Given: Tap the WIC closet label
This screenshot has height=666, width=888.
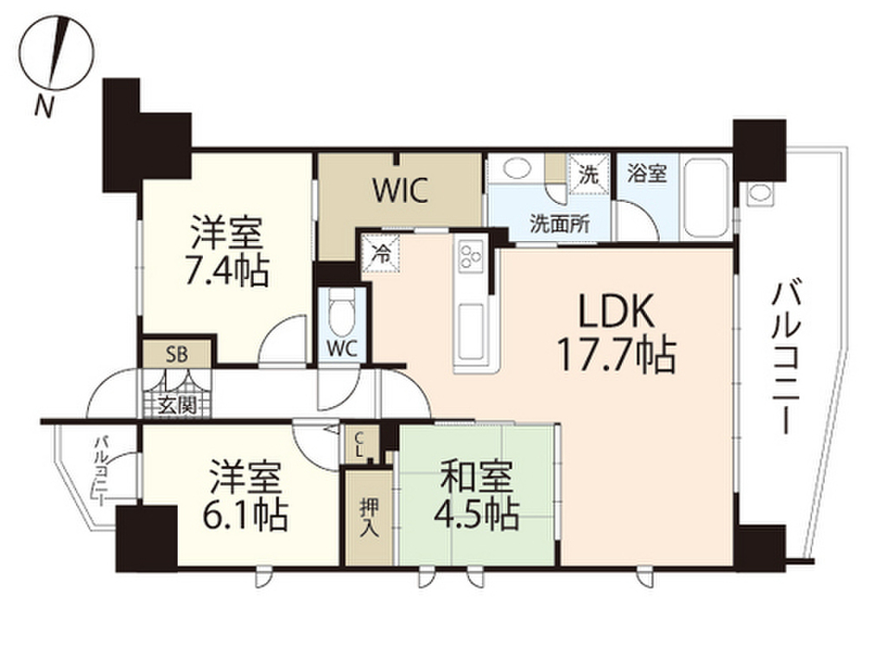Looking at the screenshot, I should click(400, 191).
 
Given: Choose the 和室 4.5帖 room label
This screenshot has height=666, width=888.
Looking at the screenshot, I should click(479, 496).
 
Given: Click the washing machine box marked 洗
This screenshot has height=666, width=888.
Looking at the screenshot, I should click(588, 173).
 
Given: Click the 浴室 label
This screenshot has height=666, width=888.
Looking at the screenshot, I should click(647, 173).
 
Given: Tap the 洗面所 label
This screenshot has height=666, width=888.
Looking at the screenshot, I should click(559, 221).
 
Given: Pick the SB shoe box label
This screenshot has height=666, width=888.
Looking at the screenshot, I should click(177, 354).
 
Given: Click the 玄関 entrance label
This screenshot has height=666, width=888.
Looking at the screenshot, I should click(177, 404).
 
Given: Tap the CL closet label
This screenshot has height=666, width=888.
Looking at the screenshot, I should click(359, 444).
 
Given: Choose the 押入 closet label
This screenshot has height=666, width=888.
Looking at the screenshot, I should click(369, 517).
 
